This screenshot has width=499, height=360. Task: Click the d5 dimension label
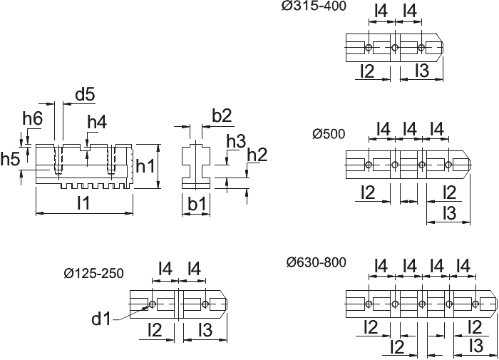tap(85, 95)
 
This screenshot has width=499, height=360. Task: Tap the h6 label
tap(33, 119)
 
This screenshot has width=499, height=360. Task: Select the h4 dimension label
tap(97, 122)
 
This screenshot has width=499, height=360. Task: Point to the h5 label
tap(10, 159)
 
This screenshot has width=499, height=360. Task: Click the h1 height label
tap(145, 166)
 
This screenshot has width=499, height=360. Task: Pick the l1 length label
tap(83, 202)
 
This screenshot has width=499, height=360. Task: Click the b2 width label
tap(222, 116)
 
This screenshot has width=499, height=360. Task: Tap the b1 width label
tap(197, 204)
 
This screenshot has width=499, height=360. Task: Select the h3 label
tap(236, 141)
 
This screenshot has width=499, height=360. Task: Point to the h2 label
tap(257, 155)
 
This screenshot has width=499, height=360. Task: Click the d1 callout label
tap(101, 319)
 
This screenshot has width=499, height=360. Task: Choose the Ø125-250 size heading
tap(93, 273)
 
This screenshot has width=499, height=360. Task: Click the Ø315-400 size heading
tap(314, 6)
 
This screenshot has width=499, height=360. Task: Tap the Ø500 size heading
tap(329, 134)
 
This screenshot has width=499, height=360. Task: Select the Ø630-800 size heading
tap(316, 262)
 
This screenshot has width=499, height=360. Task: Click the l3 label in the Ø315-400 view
tap(423, 70)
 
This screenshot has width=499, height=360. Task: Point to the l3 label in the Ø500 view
tap(450, 212)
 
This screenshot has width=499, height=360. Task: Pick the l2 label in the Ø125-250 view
tap(155, 329)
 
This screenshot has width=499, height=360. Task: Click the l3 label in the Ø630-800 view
tap(477, 345)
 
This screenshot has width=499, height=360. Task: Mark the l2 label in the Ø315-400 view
tap(368, 71)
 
